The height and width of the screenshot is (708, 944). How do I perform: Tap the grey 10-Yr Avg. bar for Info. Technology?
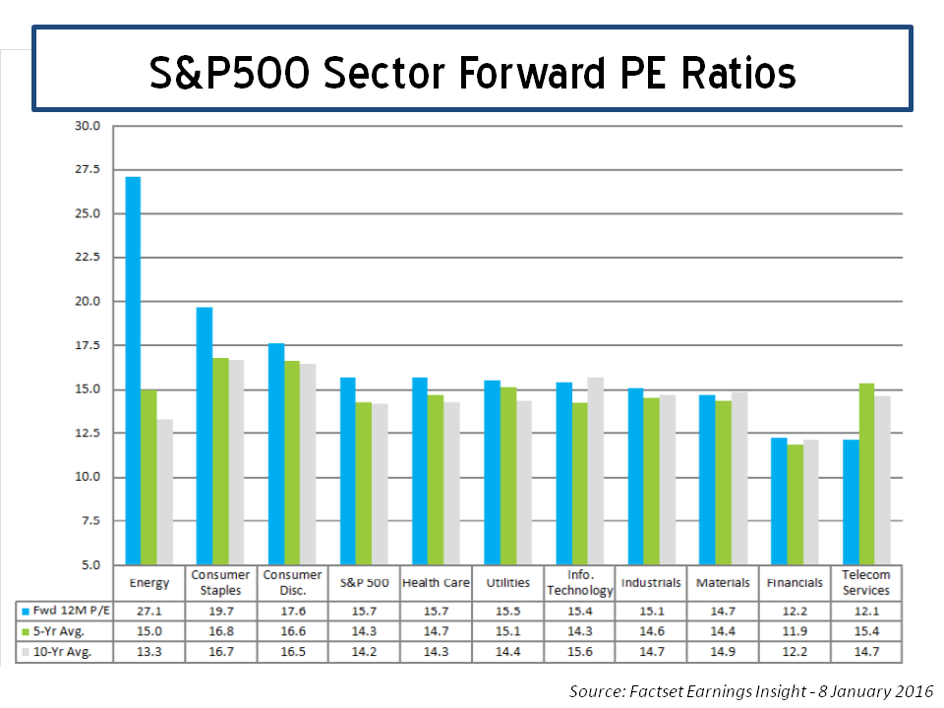tap(595, 471)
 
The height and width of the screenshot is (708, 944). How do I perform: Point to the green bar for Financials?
tap(795, 504)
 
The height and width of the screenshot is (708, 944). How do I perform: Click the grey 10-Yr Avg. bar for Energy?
tap(164, 492)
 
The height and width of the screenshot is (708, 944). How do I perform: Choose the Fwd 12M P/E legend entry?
tap(64, 611)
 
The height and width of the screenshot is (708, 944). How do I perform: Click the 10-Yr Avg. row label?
tap(64, 651)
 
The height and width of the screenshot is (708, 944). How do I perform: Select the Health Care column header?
tap(436, 582)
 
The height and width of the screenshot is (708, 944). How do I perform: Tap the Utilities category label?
tap(507, 582)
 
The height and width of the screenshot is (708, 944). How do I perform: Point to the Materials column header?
tap(723, 582)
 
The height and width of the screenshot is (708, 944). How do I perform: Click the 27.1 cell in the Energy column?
tap(148, 611)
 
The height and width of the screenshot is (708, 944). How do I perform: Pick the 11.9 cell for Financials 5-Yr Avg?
tap(795, 630)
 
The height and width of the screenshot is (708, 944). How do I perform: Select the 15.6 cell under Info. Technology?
tap(579, 651)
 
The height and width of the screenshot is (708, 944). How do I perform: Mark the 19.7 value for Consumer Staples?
tap(220, 611)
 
